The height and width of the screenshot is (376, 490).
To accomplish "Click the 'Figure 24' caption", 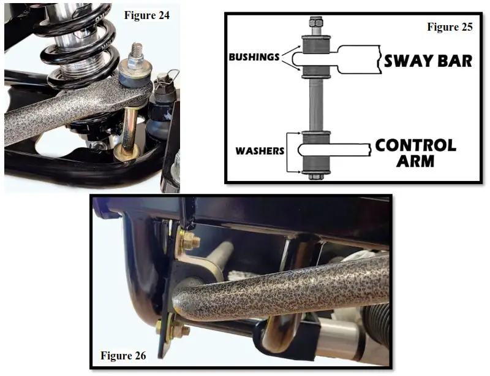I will [x=148, y=15].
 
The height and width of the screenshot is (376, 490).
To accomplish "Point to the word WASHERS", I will [x=260, y=150].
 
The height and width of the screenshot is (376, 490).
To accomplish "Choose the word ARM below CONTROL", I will [x=415, y=162].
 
